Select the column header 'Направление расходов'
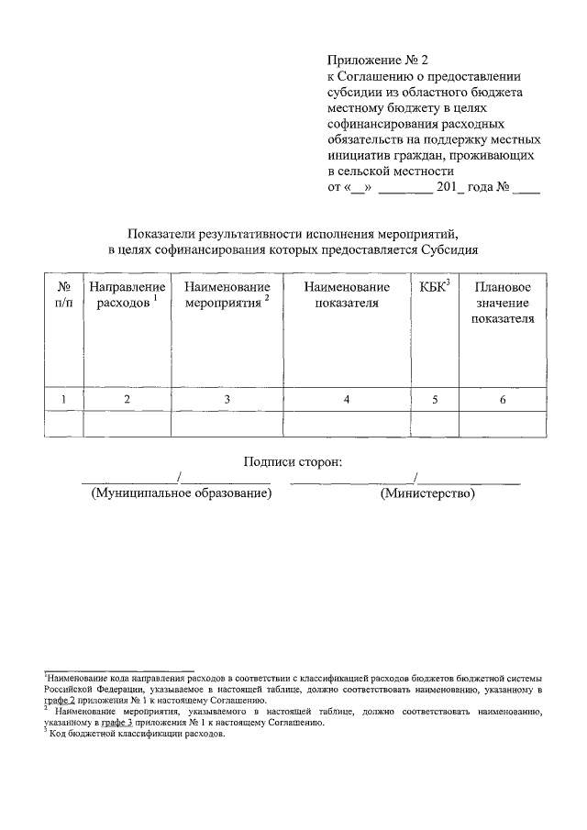pyautogui.click(x=127, y=295)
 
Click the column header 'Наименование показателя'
pyautogui.click(x=346, y=295)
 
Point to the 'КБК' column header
pyautogui.click(x=433, y=288)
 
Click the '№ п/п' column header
pyautogui.click(x=63, y=295)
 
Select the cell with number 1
pyautogui.click(x=63, y=399)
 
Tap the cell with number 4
pyautogui.click(x=346, y=399)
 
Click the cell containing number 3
pyautogui.click(x=227, y=399)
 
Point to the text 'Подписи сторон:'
pyautogui.click(x=293, y=461)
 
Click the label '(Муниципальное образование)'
pyautogui.click(x=181, y=493)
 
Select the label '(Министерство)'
pyautogui.click(x=427, y=493)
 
